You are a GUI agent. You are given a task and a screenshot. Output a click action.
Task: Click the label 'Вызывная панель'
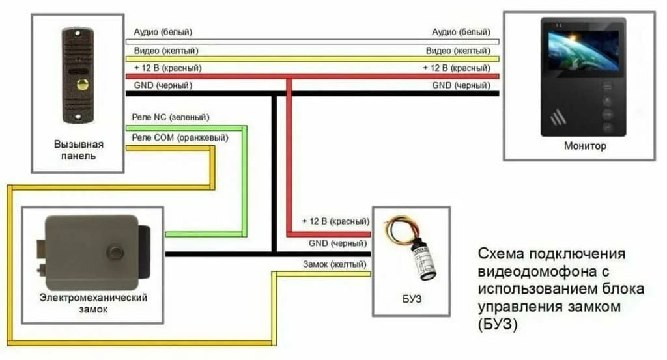[x=78, y=150]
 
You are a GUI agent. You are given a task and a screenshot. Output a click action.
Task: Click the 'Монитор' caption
[x=585, y=146]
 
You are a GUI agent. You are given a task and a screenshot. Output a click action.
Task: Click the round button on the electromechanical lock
[x=117, y=252]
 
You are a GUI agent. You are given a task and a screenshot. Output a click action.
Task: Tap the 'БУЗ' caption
[x=412, y=299]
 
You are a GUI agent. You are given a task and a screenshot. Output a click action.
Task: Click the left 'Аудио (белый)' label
[x=163, y=32]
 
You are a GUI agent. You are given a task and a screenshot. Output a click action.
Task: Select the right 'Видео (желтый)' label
[x=458, y=50]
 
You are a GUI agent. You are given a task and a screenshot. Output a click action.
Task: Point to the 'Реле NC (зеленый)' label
[x=170, y=117]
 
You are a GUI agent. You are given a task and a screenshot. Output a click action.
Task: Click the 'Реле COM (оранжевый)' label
[x=180, y=138]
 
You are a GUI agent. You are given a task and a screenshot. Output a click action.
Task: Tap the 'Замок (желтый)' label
[x=333, y=264]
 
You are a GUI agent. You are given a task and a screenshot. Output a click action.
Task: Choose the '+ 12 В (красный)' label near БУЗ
[x=335, y=222]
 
